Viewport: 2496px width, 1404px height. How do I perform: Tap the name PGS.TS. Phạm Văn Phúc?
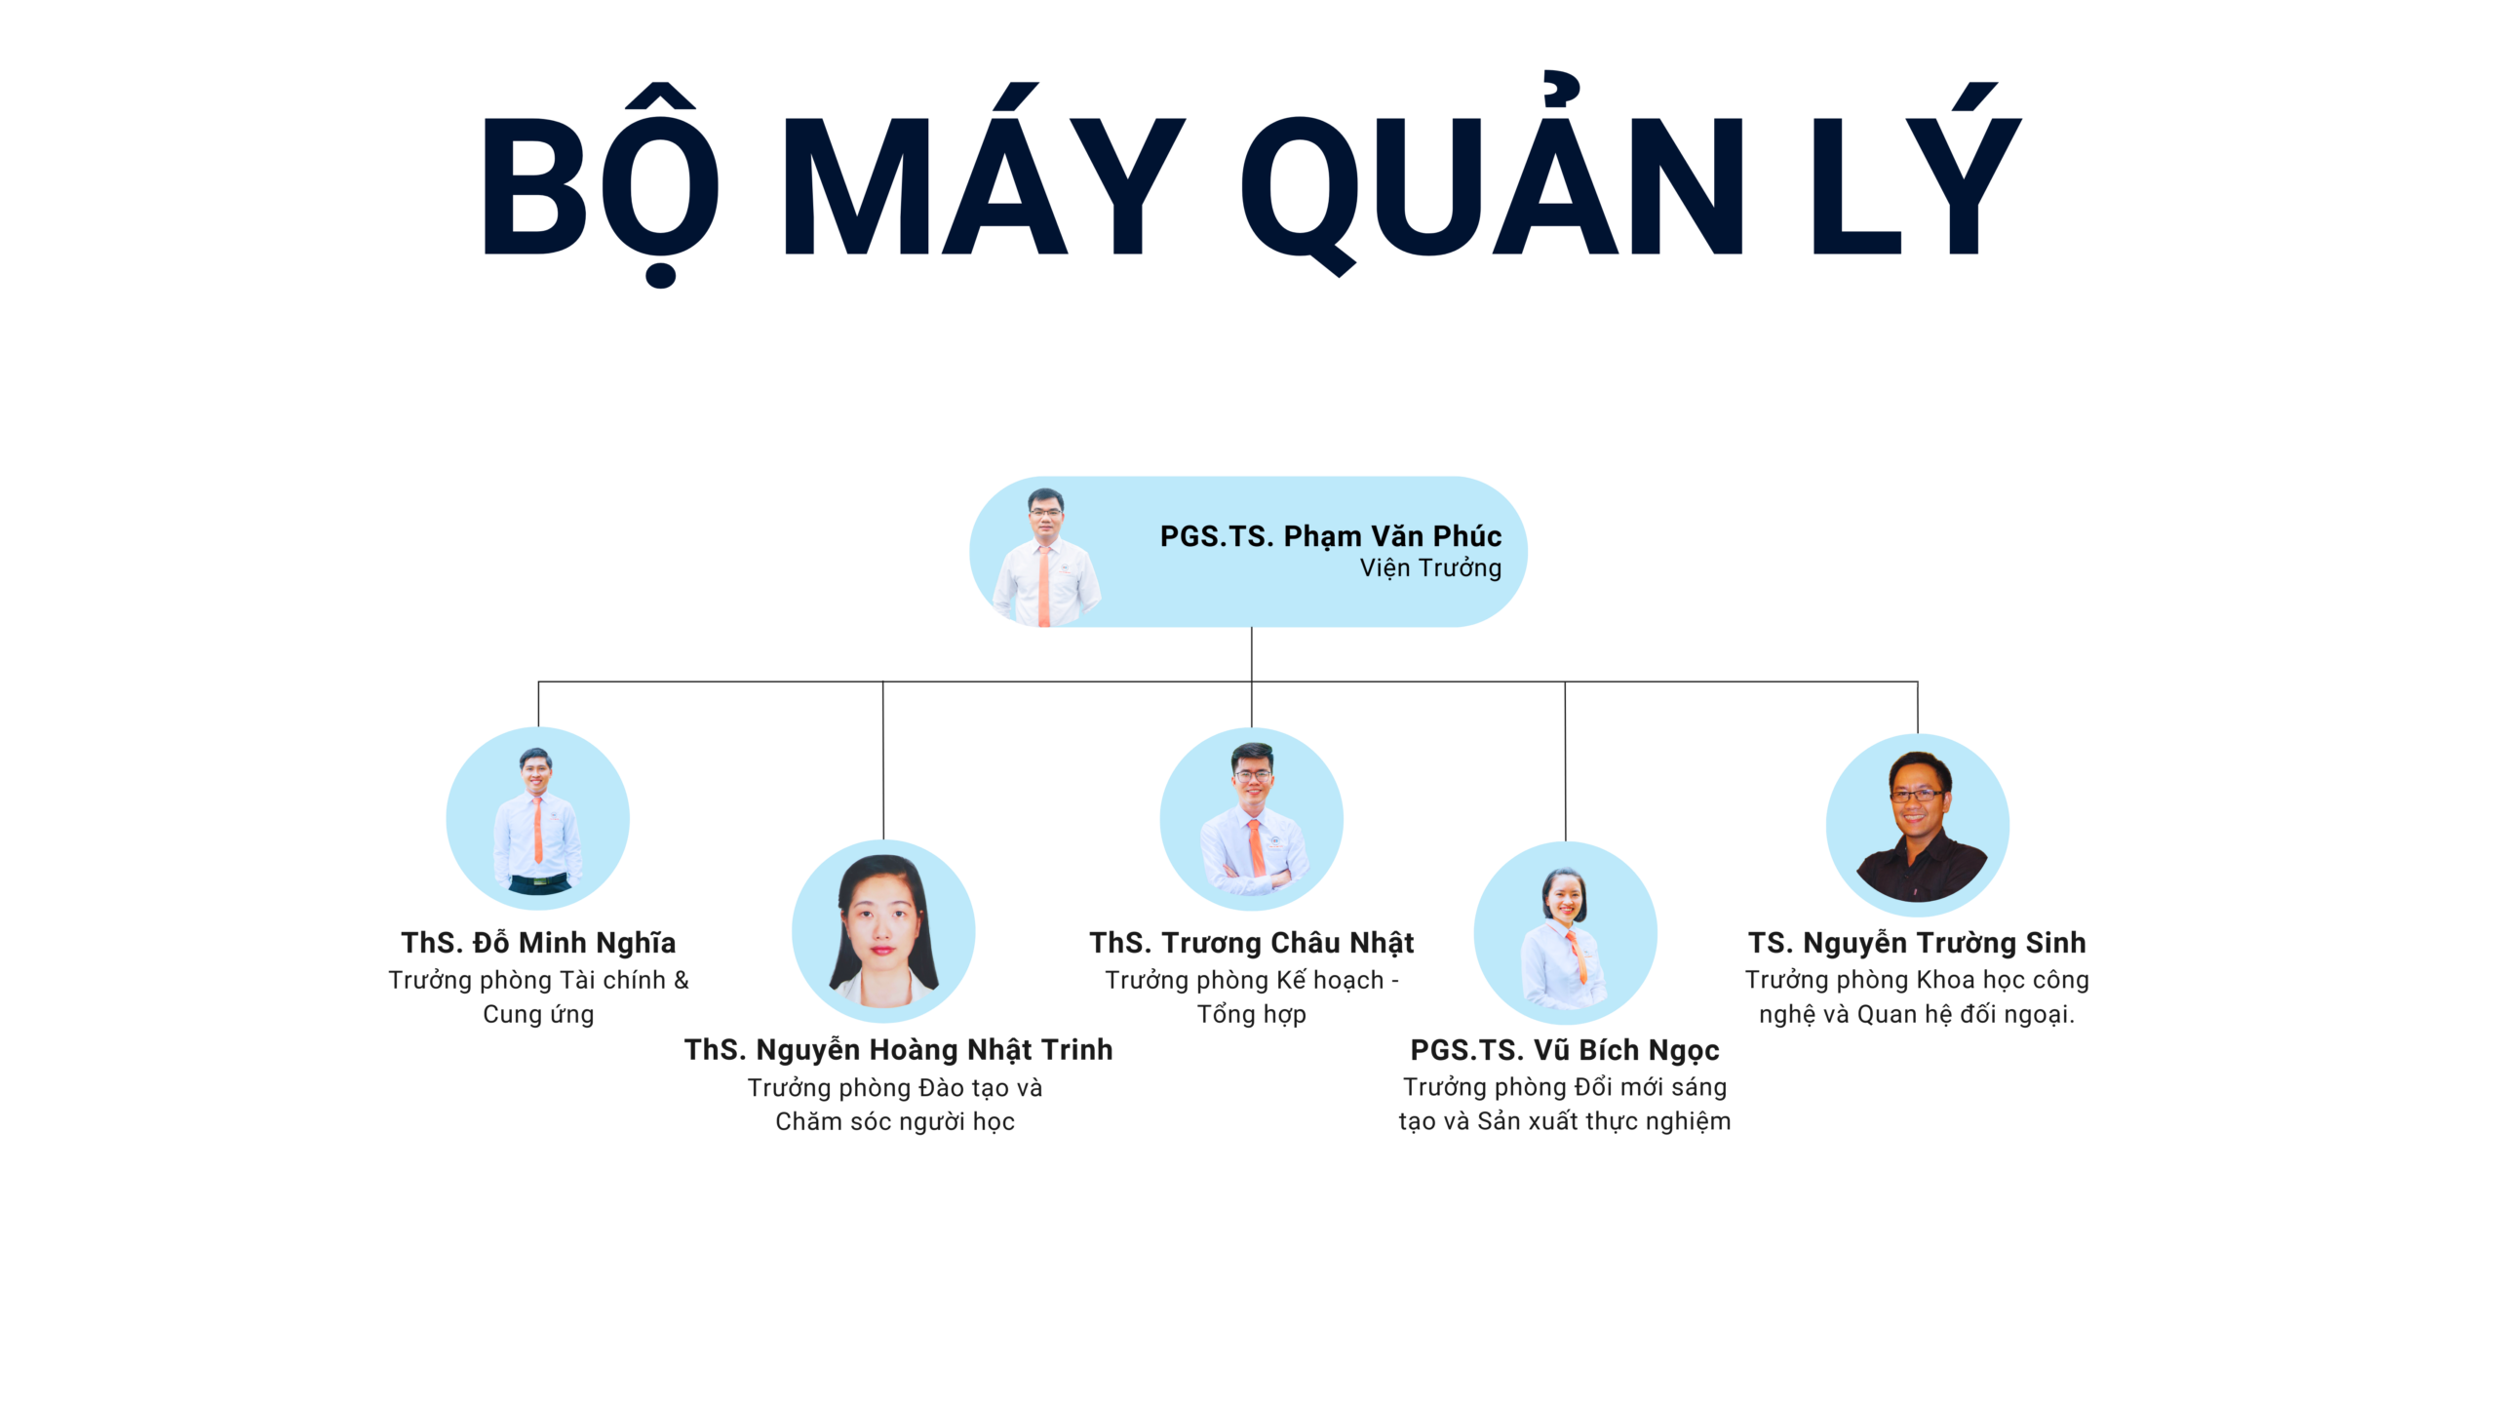click(x=1330, y=536)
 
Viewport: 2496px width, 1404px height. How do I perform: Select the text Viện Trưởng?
click(x=1430, y=567)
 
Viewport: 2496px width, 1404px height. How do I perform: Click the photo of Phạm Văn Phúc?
click(x=1045, y=557)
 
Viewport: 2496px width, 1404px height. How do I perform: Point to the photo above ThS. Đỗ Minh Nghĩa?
click(x=537, y=818)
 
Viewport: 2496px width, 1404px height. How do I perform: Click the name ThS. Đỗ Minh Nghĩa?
click(x=538, y=942)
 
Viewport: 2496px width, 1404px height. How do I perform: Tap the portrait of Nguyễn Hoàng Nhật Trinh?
click(x=883, y=931)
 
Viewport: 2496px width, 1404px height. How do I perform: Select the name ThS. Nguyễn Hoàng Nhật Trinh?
click(x=898, y=1049)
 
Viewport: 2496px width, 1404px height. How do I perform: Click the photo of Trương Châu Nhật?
click(x=1251, y=819)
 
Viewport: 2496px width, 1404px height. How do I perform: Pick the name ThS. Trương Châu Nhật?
click(x=1251, y=942)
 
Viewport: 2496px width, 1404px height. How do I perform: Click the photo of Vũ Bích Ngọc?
click(x=1565, y=933)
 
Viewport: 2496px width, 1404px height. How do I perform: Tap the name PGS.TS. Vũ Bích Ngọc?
click(x=1565, y=1050)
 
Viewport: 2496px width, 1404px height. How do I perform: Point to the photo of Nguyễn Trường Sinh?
click(x=1917, y=825)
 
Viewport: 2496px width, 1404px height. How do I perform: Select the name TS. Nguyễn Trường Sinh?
click(x=1917, y=942)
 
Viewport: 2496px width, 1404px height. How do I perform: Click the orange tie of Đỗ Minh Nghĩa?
click(x=537, y=830)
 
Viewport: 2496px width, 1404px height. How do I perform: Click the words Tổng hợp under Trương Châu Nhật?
click(x=1251, y=1015)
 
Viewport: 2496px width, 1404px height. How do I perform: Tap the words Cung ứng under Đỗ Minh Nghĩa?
click(x=538, y=1015)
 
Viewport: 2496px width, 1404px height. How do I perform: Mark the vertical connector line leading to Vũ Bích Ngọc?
click(x=1565, y=761)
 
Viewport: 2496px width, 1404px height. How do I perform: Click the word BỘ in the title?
click(x=601, y=185)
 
